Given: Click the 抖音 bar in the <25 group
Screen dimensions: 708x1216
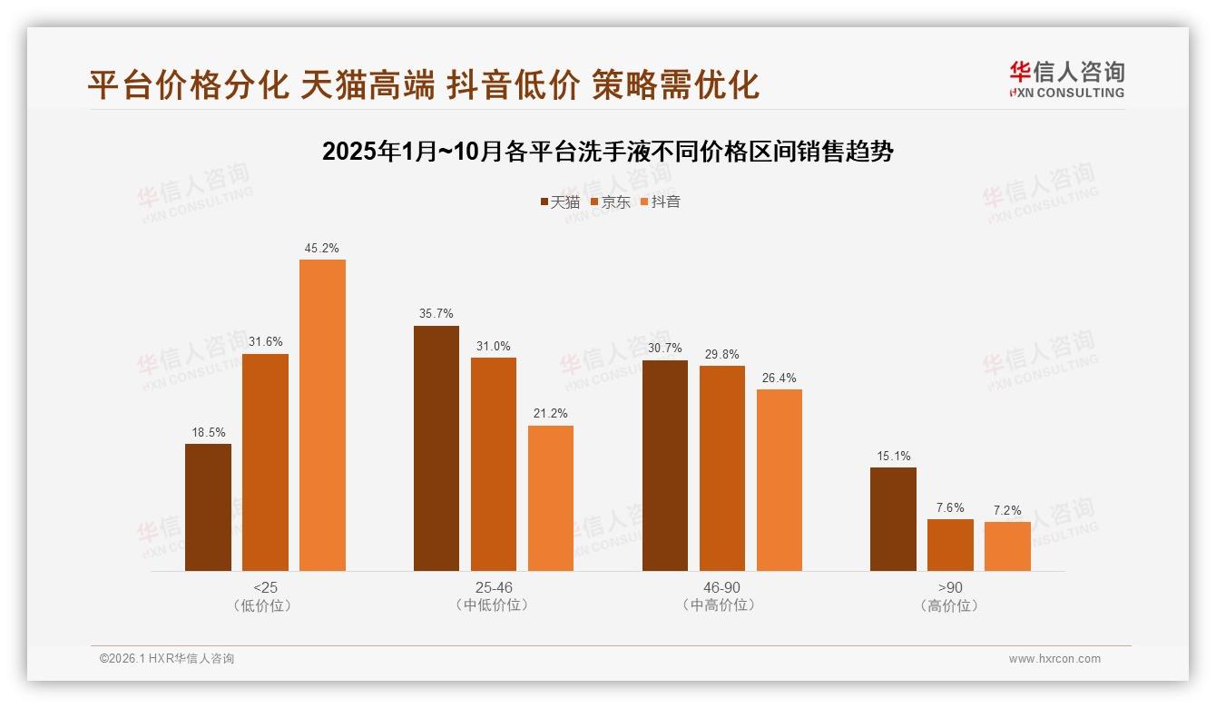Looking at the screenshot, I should (322, 415).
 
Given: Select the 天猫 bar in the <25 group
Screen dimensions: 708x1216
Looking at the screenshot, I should (208, 507).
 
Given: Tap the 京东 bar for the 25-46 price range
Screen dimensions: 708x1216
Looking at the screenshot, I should (493, 464).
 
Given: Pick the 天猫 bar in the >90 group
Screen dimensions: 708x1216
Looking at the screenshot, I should (893, 519).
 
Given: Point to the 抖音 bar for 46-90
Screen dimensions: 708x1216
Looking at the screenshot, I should (779, 480).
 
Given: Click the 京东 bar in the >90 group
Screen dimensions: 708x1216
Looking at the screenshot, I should (950, 545).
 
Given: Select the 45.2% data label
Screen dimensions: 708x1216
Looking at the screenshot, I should (322, 248).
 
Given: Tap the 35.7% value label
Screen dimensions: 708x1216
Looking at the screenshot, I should (436, 314).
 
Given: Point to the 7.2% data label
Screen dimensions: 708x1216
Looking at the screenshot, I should (1007, 510).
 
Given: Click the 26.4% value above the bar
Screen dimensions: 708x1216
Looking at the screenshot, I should (779, 378).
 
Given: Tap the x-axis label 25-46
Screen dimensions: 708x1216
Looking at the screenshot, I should (493, 587).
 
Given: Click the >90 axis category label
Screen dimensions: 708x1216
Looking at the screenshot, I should (950, 587).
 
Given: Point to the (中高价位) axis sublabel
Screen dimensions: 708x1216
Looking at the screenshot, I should (721, 605).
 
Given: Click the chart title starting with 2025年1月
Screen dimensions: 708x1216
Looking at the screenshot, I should (608, 152).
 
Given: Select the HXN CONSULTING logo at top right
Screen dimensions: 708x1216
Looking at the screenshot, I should (1066, 80).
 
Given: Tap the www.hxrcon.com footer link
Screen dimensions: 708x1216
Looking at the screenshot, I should (1054, 659).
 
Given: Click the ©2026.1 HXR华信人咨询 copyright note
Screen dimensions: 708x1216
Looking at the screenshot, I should (167, 659).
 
